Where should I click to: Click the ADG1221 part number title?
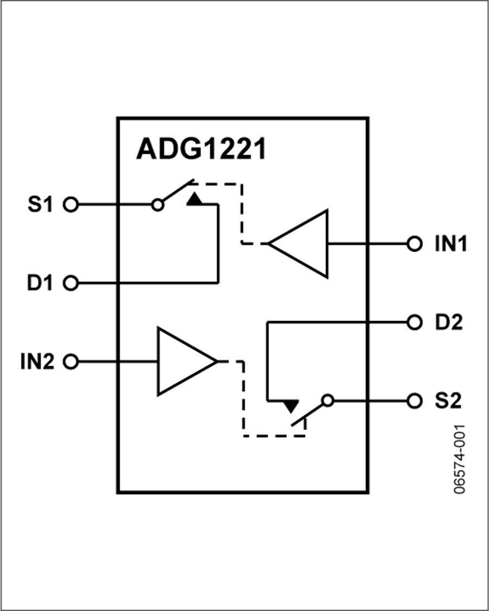(x=200, y=149)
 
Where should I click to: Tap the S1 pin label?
(x=42, y=205)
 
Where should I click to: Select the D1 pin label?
(x=42, y=283)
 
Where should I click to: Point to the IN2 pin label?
(x=38, y=361)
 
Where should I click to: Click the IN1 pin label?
(x=450, y=244)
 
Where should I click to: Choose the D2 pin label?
(x=448, y=322)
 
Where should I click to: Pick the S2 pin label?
(x=448, y=401)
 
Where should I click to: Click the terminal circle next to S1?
(x=71, y=205)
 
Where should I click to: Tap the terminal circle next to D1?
(x=71, y=283)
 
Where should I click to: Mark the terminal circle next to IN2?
(x=71, y=361)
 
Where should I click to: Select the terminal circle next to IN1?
(x=415, y=244)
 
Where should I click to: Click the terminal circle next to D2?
(x=415, y=322)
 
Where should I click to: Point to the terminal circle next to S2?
(x=415, y=401)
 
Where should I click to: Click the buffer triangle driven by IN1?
(x=304, y=244)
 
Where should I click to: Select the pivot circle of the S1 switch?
(x=158, y=205)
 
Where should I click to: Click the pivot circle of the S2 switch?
(x=327, y=401)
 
